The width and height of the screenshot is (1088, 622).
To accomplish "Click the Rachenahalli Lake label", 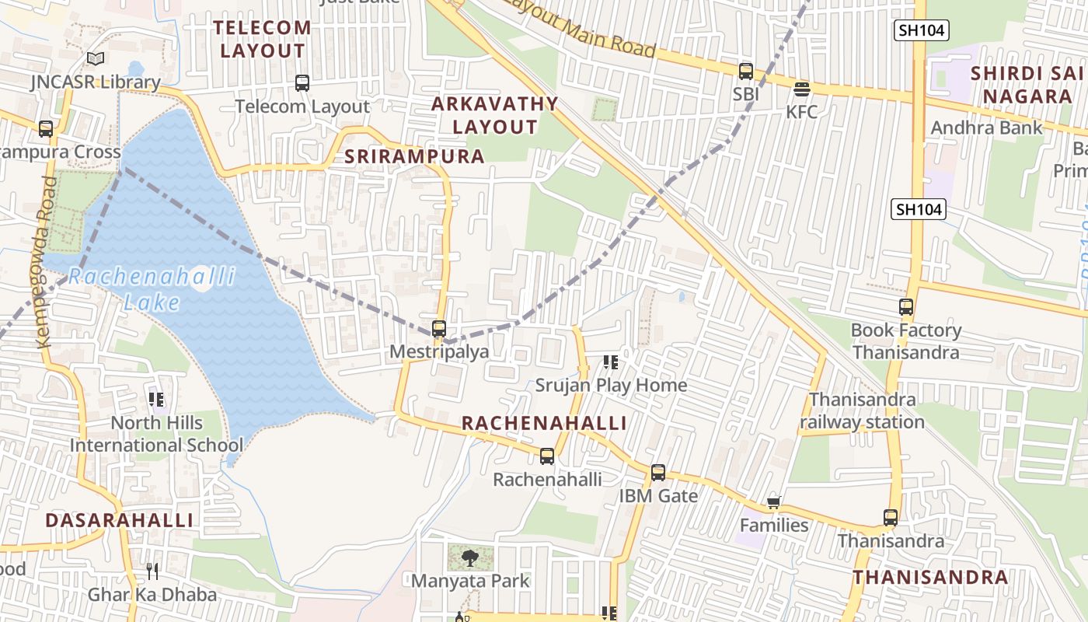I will click(152, 289).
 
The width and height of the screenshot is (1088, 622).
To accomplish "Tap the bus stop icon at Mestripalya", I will click(439, 329).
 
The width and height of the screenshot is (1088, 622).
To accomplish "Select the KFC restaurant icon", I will click(802, 89).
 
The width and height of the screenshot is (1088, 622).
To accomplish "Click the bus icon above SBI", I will click(746, 72).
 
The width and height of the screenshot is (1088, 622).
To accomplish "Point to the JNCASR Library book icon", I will click(96, 59).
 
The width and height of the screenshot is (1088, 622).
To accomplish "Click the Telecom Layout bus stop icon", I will click(302, 83).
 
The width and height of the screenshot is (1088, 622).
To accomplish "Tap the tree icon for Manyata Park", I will click(469, 557).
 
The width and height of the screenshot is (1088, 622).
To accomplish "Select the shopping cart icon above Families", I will click(773, 503).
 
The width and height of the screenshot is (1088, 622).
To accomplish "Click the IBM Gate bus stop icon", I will click(658, 473).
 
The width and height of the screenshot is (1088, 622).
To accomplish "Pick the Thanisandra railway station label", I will click(862, 411).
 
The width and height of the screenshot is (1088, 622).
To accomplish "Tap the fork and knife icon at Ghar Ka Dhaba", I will click(152, 571).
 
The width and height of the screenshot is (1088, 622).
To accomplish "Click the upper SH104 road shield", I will click(921, 30).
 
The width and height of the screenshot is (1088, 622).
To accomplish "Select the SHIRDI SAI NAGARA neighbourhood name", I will click(1027, 85).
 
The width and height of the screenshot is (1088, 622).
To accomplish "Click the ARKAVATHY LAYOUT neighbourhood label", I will click(495, 115).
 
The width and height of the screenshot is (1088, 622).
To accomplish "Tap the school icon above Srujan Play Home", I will click(611, 362).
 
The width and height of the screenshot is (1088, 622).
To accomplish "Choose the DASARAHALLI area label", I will click(119, 520).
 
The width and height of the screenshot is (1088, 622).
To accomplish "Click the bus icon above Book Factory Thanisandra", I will click(906, 307).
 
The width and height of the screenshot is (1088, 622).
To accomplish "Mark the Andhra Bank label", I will click(986, 128).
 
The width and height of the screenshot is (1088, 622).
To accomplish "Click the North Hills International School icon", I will click(156, 400).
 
